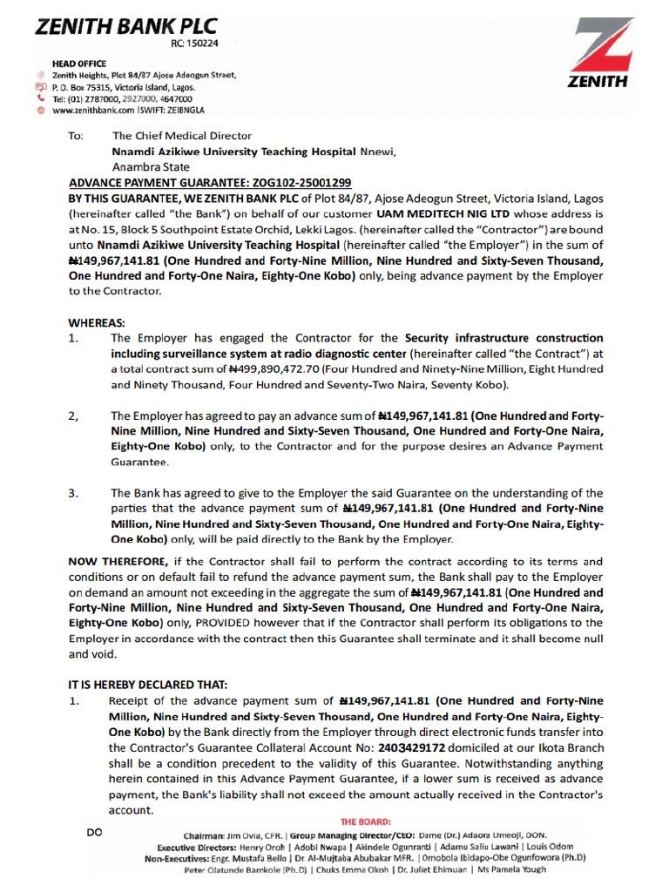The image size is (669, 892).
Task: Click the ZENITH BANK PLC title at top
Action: click(126, 27)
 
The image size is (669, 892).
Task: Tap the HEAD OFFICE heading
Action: click(79, 64)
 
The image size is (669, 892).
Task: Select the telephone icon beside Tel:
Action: click(41, 99)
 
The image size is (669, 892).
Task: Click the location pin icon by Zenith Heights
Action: click(41, 76)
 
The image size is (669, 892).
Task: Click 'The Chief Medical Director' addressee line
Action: click(181, 136)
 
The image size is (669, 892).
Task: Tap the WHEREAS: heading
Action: click(97, 321)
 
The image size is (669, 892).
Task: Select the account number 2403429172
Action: click(412, 747)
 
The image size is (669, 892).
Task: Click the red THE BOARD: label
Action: click(365, 821)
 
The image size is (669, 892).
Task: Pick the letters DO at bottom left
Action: click(95, 832)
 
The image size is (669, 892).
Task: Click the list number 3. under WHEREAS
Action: click(73, 493)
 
